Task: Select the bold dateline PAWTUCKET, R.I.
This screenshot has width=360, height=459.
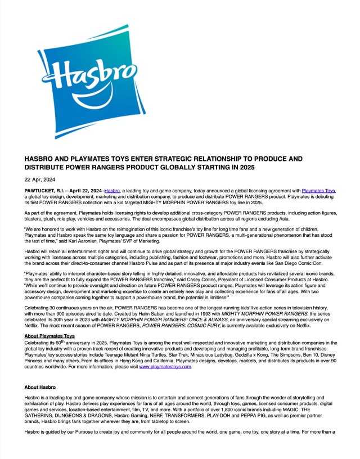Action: coord(46,191)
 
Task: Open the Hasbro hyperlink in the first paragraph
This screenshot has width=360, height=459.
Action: coord(112,191)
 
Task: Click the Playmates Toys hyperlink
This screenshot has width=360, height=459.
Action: coord(318,191)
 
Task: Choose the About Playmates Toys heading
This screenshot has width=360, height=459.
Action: coord(50,336)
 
